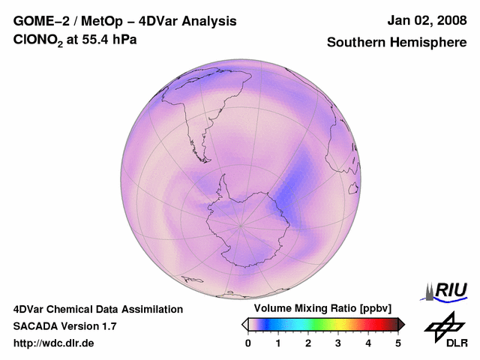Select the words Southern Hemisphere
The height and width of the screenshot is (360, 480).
(x=397, y=43)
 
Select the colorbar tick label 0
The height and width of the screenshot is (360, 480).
(x=248, y=343)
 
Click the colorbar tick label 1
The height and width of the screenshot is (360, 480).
(x=278, y=343)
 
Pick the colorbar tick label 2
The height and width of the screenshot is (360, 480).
(x=308, y=343)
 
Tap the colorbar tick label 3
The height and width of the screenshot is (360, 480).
(x=338, y=343)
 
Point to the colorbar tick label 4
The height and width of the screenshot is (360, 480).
(x=368, y=343)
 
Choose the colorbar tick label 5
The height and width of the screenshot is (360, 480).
(x=398, y=343)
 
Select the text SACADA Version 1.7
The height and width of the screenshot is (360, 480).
(x=64, y=326)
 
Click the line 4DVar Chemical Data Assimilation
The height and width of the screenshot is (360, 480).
(x=97, y=309)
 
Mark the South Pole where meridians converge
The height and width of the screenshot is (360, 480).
(x=240, y=224)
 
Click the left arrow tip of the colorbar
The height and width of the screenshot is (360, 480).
(x=244, y=324)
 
